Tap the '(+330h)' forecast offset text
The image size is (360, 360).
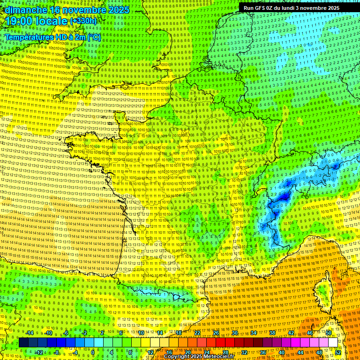coord(83,21)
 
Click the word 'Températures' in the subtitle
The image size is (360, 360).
coord(29,37)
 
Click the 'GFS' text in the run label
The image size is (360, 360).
coord(263,8)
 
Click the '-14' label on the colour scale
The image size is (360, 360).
coord(29,333)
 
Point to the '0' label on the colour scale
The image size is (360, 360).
coord(93,352)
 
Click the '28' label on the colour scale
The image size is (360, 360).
coord(225,352)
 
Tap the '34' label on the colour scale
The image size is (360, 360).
coord(254,333)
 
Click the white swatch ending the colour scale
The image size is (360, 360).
coord(333,343)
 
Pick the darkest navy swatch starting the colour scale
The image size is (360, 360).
coord(23,343)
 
